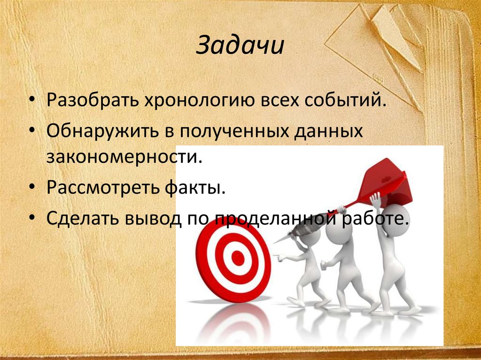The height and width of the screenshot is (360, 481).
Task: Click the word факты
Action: click(194, 188)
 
